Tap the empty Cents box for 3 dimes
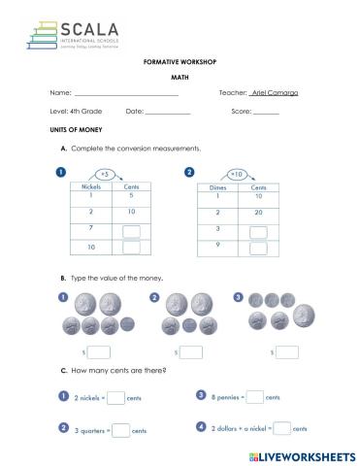point(258,231)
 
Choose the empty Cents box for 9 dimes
point(258,248)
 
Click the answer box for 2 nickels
point(115,397)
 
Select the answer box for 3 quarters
point(121,430)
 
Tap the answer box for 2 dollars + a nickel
point(281,428)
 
